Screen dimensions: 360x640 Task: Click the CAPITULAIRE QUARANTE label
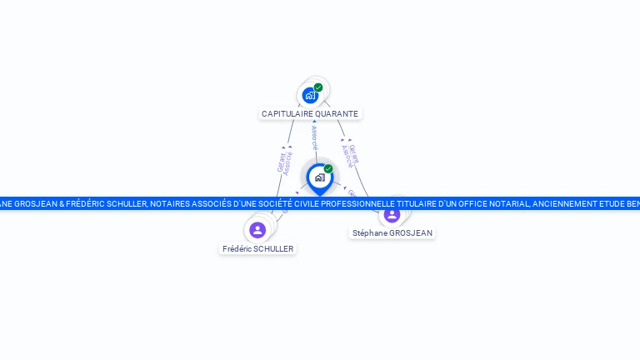[310, 113]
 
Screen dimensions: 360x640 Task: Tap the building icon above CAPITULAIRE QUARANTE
[310, 95]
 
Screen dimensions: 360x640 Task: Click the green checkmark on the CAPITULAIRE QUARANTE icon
[318, 87]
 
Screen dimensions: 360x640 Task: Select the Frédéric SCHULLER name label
[258, 248]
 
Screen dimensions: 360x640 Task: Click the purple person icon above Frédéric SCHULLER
[257, 229]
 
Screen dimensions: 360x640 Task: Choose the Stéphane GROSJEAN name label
[392, 233]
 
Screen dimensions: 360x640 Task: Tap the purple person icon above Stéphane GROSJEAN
[392, 215]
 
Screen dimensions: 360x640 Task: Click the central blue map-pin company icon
[319, 177]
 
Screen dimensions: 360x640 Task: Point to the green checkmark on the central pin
[328, 168]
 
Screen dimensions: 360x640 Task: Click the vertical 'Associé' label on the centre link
[314, 138]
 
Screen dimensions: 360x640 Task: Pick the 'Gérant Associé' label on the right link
[351, 155]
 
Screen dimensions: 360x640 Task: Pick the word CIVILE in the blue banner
[300, 203]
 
